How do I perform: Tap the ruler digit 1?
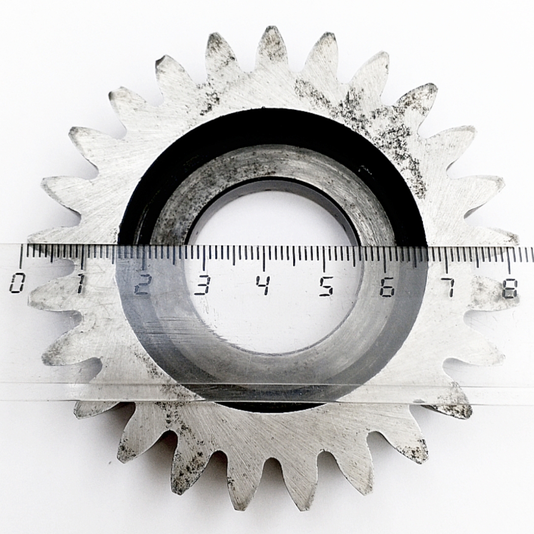tap(80, 283)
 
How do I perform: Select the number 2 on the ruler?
tap(142, 284)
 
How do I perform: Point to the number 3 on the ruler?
tap(202, 285)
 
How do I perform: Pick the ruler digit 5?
tap(327, 287)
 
